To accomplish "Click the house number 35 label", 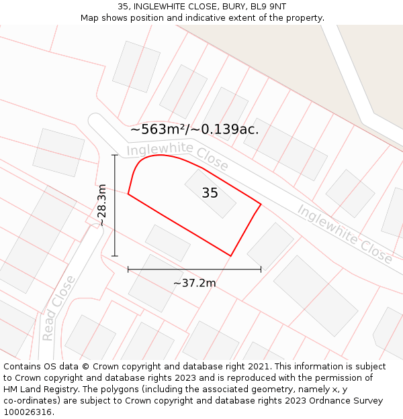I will coord(210,193).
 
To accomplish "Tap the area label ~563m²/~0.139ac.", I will coord(195,129).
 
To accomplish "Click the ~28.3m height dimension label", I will coord(101,205).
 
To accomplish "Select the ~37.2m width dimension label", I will coord(194,283).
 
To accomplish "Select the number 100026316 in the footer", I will coord(29,412).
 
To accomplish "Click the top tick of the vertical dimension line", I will coord(115,155).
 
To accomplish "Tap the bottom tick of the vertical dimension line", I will coord(115,255).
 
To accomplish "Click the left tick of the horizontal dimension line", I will coord(128,270).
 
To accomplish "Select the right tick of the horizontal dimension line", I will coord(261,270).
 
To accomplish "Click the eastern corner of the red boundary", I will coord(261,203).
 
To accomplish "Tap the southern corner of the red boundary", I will coord(231,255).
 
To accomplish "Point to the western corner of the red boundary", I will coord(128,194).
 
